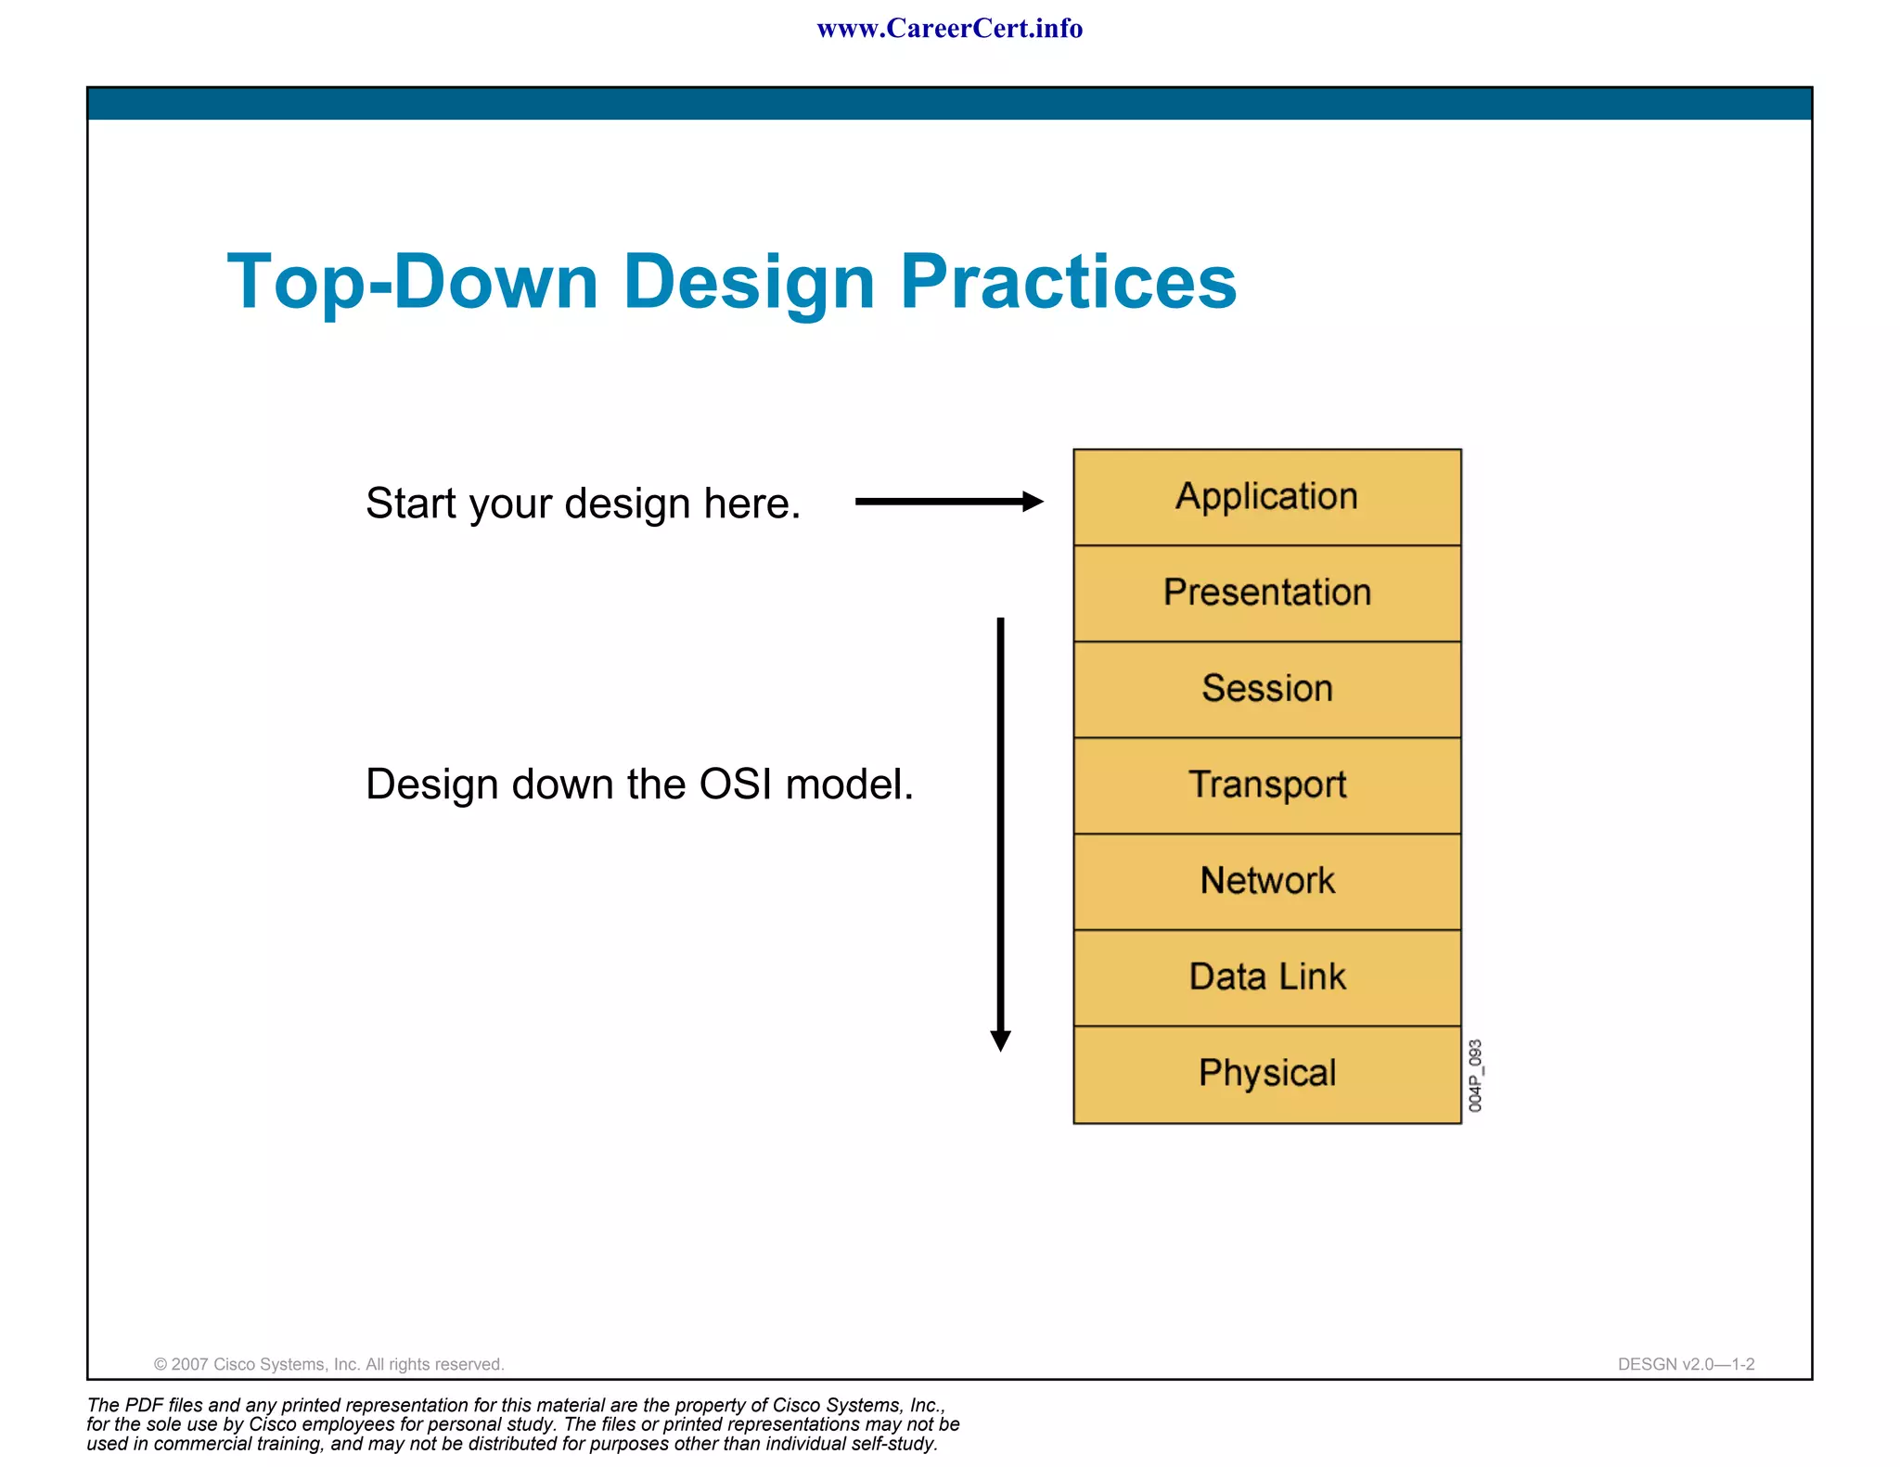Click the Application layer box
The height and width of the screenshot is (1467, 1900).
[x=1266, y=497]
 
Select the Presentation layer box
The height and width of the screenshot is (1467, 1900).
[x=1266, y=593]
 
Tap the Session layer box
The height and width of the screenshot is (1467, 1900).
[x=1266, y=689]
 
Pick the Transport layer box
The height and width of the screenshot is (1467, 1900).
[x=1266, y=785]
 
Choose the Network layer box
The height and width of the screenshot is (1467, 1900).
[x=1266, y=881]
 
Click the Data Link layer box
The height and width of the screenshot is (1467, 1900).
[x=1266, y=977]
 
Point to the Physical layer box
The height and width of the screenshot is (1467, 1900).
[x=1266, y=1074]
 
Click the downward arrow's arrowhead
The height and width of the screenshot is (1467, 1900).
[x=1000, y=1040]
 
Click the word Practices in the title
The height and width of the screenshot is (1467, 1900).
[x=1068, y=282]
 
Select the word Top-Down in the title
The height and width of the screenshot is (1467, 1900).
[x=413, y=282]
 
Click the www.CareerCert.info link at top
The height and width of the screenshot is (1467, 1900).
[x=949, y=29]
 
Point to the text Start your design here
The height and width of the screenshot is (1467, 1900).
[x=583, y=504]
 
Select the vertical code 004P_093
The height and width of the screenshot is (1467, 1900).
[x=1475, y=1076]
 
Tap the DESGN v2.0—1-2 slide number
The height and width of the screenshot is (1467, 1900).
[x=1686, y=1364]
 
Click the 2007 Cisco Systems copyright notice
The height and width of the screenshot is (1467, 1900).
[x=328, y=1364]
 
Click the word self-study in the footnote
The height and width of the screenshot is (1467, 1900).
[x=892, y=1444]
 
